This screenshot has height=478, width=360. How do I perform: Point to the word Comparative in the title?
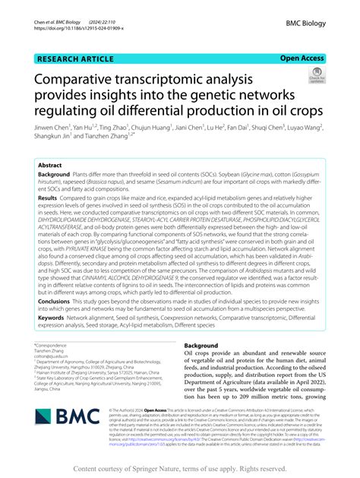(84, 79)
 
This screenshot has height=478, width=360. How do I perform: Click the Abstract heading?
(50, 164)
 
